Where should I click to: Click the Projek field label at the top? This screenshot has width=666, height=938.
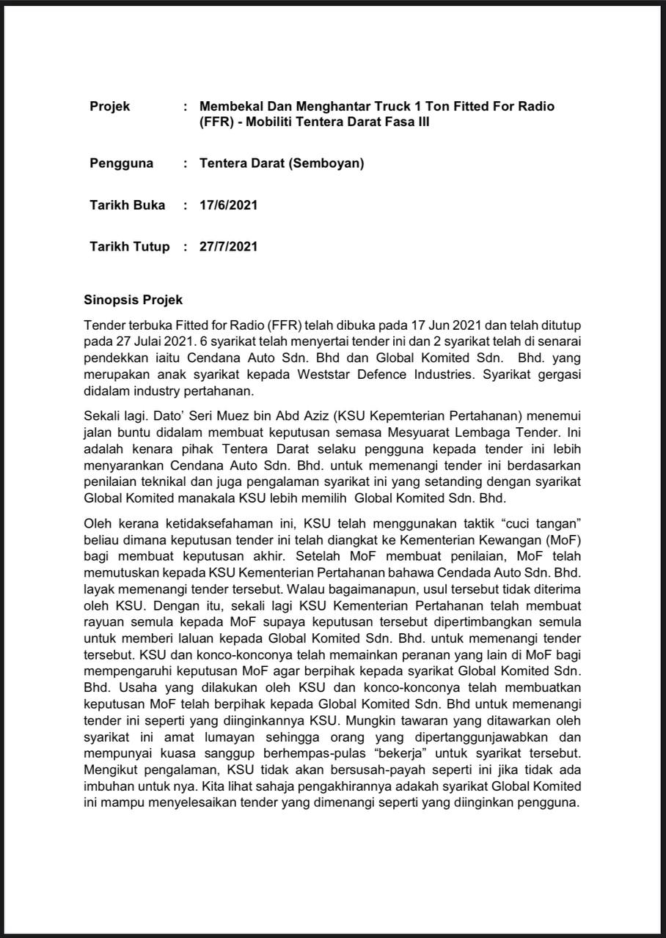[x=109, y=106]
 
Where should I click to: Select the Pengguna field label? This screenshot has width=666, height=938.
[x=121, y=163]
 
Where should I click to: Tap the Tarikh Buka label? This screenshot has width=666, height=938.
[x=127, y=205]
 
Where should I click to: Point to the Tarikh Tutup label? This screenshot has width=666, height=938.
[x=129, y=247]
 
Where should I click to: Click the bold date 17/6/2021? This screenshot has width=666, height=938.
[x=228, y=205]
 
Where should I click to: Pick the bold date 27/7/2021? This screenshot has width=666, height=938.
[x=228, y=247]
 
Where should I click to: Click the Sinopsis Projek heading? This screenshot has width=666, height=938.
[x=133, y=300]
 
